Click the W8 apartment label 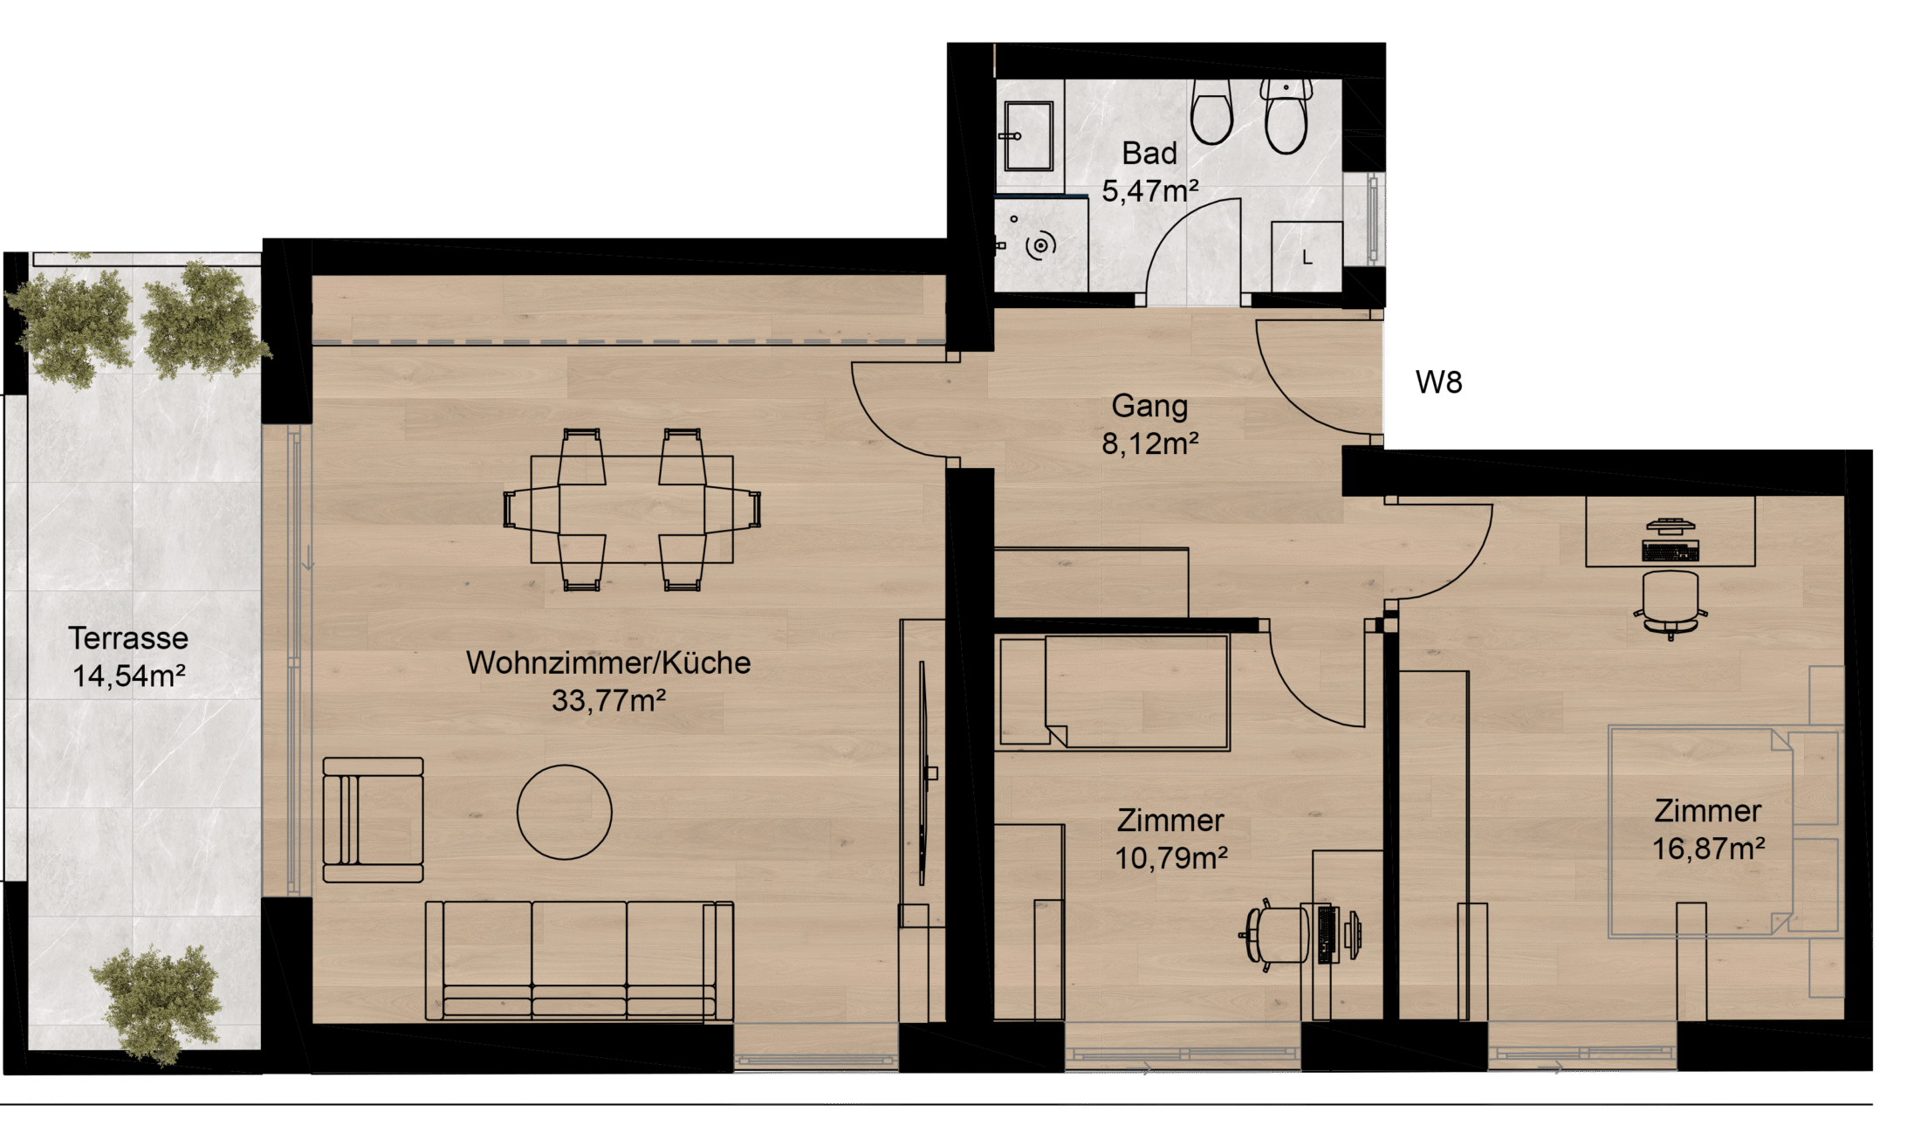point(1438,382)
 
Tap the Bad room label point(1149,154)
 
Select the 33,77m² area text point(609,700)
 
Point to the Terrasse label point(128,638)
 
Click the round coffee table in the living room point(565,812)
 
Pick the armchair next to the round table point(373,820)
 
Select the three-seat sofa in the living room point(580,960)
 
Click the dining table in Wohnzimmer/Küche point(632,509)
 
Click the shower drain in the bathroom point(1040,246)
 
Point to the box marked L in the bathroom point(1307,257)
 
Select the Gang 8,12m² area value point(1150,443)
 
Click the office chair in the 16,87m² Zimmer point(1670,605)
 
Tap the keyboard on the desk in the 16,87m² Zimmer point(1670,551)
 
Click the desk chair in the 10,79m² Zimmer point(1274,935)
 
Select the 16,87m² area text point(1709,848)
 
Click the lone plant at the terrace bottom point(157,1004)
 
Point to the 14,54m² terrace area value point(129,676)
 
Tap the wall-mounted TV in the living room point(923,772)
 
